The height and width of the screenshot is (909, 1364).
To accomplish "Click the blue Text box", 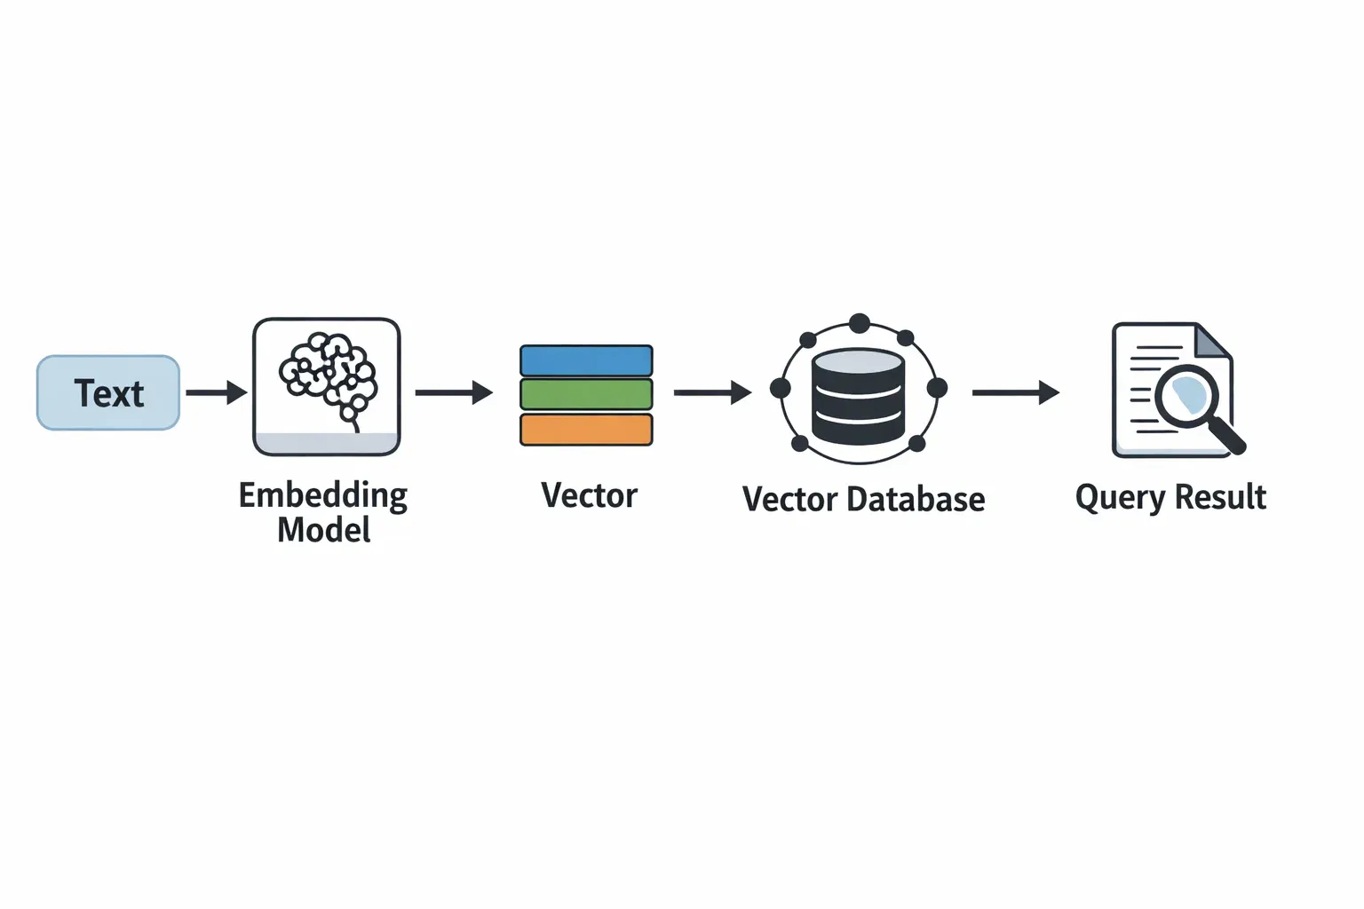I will pos(108,393).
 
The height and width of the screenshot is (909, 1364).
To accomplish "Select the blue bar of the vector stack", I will pos(586,361).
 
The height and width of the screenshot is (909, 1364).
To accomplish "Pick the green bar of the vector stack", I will pos(586,394).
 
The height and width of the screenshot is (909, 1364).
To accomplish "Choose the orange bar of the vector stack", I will pos(586,430).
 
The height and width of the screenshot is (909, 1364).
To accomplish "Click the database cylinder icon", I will pos(858,396).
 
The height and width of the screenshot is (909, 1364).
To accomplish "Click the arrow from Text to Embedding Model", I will pos(216,392).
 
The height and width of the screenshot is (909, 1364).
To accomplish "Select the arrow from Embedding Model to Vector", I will pos(454,392).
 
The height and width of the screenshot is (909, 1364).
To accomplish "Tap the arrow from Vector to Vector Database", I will pos(712,392).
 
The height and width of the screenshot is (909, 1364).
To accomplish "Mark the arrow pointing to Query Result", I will pos(1015,392).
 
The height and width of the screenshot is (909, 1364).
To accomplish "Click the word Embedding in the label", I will pos(323,495).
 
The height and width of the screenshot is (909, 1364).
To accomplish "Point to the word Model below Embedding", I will pos(323,530).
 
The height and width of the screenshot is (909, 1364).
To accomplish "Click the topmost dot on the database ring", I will pos(859,323).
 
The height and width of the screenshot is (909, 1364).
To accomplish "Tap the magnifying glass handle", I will pos(1229,438).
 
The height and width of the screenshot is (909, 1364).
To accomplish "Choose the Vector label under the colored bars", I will pos(590,495).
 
